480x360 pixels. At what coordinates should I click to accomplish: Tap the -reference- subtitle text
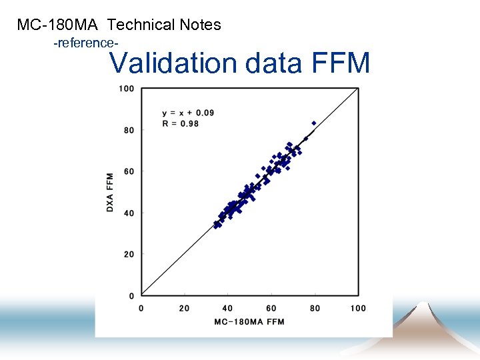85,43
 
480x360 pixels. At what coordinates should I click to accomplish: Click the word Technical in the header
141,25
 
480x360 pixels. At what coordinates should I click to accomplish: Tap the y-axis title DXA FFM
110,193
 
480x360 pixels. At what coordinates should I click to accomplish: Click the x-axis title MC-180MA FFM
249,322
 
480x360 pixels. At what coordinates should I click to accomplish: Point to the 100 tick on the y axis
127,89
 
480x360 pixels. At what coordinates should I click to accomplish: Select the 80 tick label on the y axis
129,130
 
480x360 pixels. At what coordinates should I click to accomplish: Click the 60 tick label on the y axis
129,171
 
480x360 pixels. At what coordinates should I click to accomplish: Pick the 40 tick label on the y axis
129,213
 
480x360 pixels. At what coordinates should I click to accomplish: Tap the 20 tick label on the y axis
129,254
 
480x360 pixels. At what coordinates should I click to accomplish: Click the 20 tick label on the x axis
184,308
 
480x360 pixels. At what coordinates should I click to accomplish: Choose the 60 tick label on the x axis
271,308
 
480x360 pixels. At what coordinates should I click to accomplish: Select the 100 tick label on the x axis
358,308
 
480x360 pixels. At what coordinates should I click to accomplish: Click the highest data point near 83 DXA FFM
314,123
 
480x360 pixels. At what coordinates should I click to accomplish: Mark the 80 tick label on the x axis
314,308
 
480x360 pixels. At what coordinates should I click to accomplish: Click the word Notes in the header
201,25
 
